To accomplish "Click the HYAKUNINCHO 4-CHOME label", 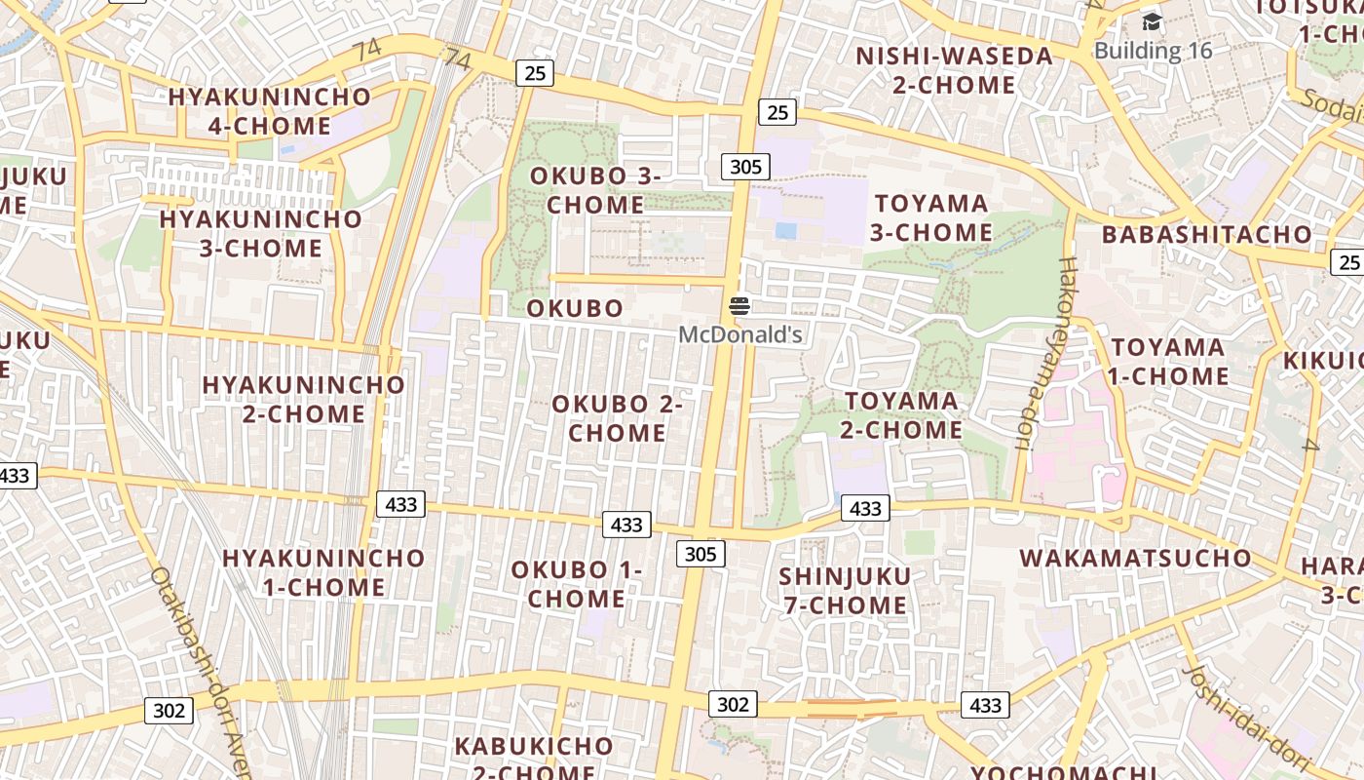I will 270,111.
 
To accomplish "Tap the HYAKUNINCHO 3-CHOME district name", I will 260,233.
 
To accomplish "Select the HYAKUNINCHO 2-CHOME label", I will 303,399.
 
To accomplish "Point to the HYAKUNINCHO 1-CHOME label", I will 323,572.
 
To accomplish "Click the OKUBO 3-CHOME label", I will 595,190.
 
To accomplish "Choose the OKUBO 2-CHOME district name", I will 618,417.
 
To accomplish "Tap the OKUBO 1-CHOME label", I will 576,583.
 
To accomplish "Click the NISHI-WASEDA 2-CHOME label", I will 954,70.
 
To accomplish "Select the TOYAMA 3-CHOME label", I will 931,217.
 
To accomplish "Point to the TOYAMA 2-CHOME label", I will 902,415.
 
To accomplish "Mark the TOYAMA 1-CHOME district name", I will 1168,362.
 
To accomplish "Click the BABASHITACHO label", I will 1207,234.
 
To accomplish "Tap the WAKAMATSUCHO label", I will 1135,558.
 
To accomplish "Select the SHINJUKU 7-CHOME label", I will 845,591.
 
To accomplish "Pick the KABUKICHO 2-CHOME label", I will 534,759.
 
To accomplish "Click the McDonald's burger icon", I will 739,306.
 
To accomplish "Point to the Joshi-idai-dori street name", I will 1248,717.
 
